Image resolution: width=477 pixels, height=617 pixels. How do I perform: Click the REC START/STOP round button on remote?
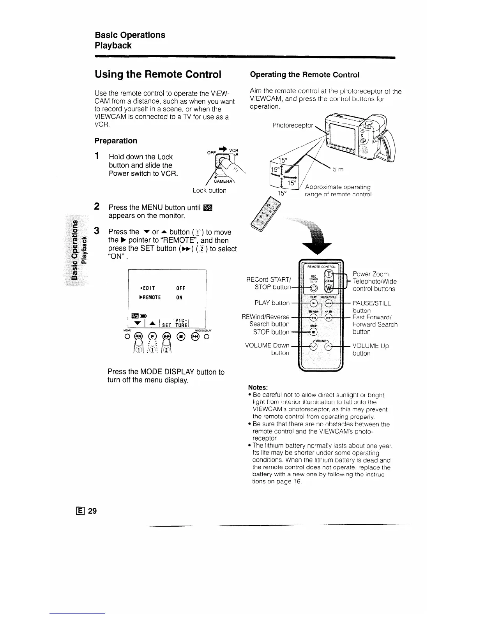pos(314,288)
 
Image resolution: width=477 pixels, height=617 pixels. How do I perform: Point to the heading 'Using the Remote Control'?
pos(158,74)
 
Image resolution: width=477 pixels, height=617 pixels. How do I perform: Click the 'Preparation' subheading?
pos(116,141)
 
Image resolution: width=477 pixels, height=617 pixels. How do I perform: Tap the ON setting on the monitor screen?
pos(179,298)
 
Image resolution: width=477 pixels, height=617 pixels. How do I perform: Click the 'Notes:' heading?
pos(258,387)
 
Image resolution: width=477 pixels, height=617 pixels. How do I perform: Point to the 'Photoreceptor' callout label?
pos(292,125)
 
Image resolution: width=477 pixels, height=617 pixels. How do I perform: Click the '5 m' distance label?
pos(338,169)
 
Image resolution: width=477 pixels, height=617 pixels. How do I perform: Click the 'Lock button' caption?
pos(209,190)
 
